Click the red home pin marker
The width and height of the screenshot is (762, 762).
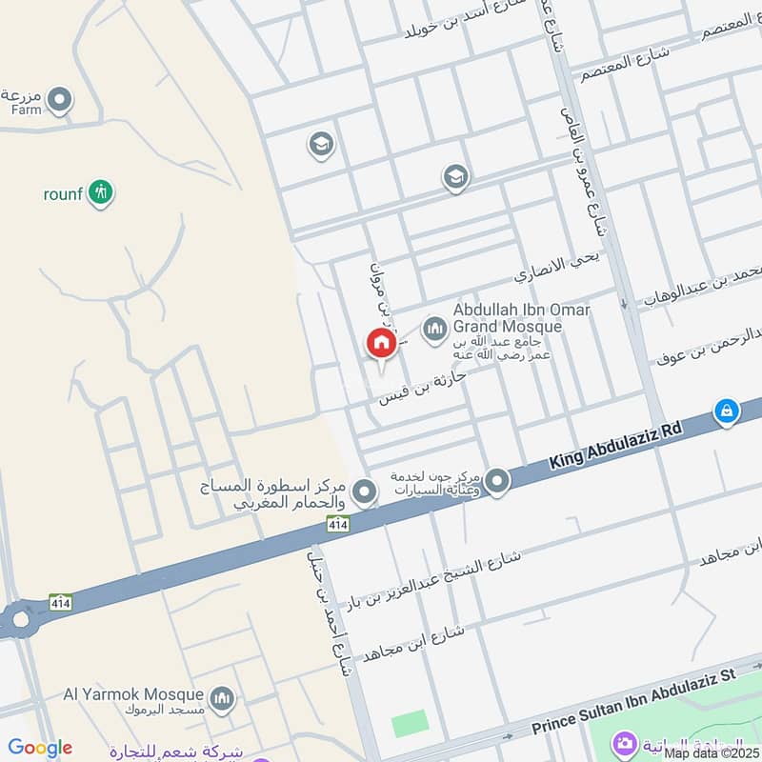(x=381, y=344)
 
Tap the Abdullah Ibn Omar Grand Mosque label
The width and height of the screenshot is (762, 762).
(x=521, y=318)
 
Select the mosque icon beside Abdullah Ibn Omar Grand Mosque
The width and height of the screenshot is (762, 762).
(x=436, y=329)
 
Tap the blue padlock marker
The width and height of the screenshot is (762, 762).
(x=726, y=411)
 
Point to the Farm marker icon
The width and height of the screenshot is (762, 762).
(x=60, y=99)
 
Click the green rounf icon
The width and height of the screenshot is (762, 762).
(x=100, y=194)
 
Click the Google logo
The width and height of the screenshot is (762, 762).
(x=40, y=748)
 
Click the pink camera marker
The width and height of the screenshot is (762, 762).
(x=625, y=743)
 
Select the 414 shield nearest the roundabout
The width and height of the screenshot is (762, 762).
(x=59, y=602)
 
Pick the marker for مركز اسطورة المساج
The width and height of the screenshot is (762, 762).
(x=363, y=492)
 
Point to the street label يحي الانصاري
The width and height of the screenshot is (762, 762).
(x=553, y=270)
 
